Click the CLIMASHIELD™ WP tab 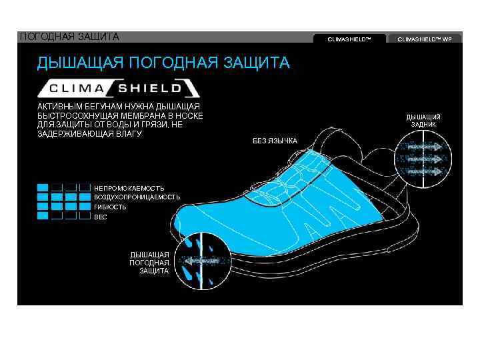pos(424,39)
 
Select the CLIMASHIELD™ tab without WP pos(349,39)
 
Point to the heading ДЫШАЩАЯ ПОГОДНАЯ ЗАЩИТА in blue pos(163,63)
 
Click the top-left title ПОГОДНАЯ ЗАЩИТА pos(69,36)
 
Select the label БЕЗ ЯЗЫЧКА pos(275,140)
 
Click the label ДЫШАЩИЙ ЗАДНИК pos(423,121)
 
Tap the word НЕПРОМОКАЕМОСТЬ pos(129,188)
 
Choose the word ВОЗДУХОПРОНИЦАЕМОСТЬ pos(137,197)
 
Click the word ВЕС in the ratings pos(101,217)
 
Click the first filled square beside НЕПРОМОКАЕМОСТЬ pos(43,188)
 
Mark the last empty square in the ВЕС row pos(85,216)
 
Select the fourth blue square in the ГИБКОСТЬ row pos(85,207)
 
